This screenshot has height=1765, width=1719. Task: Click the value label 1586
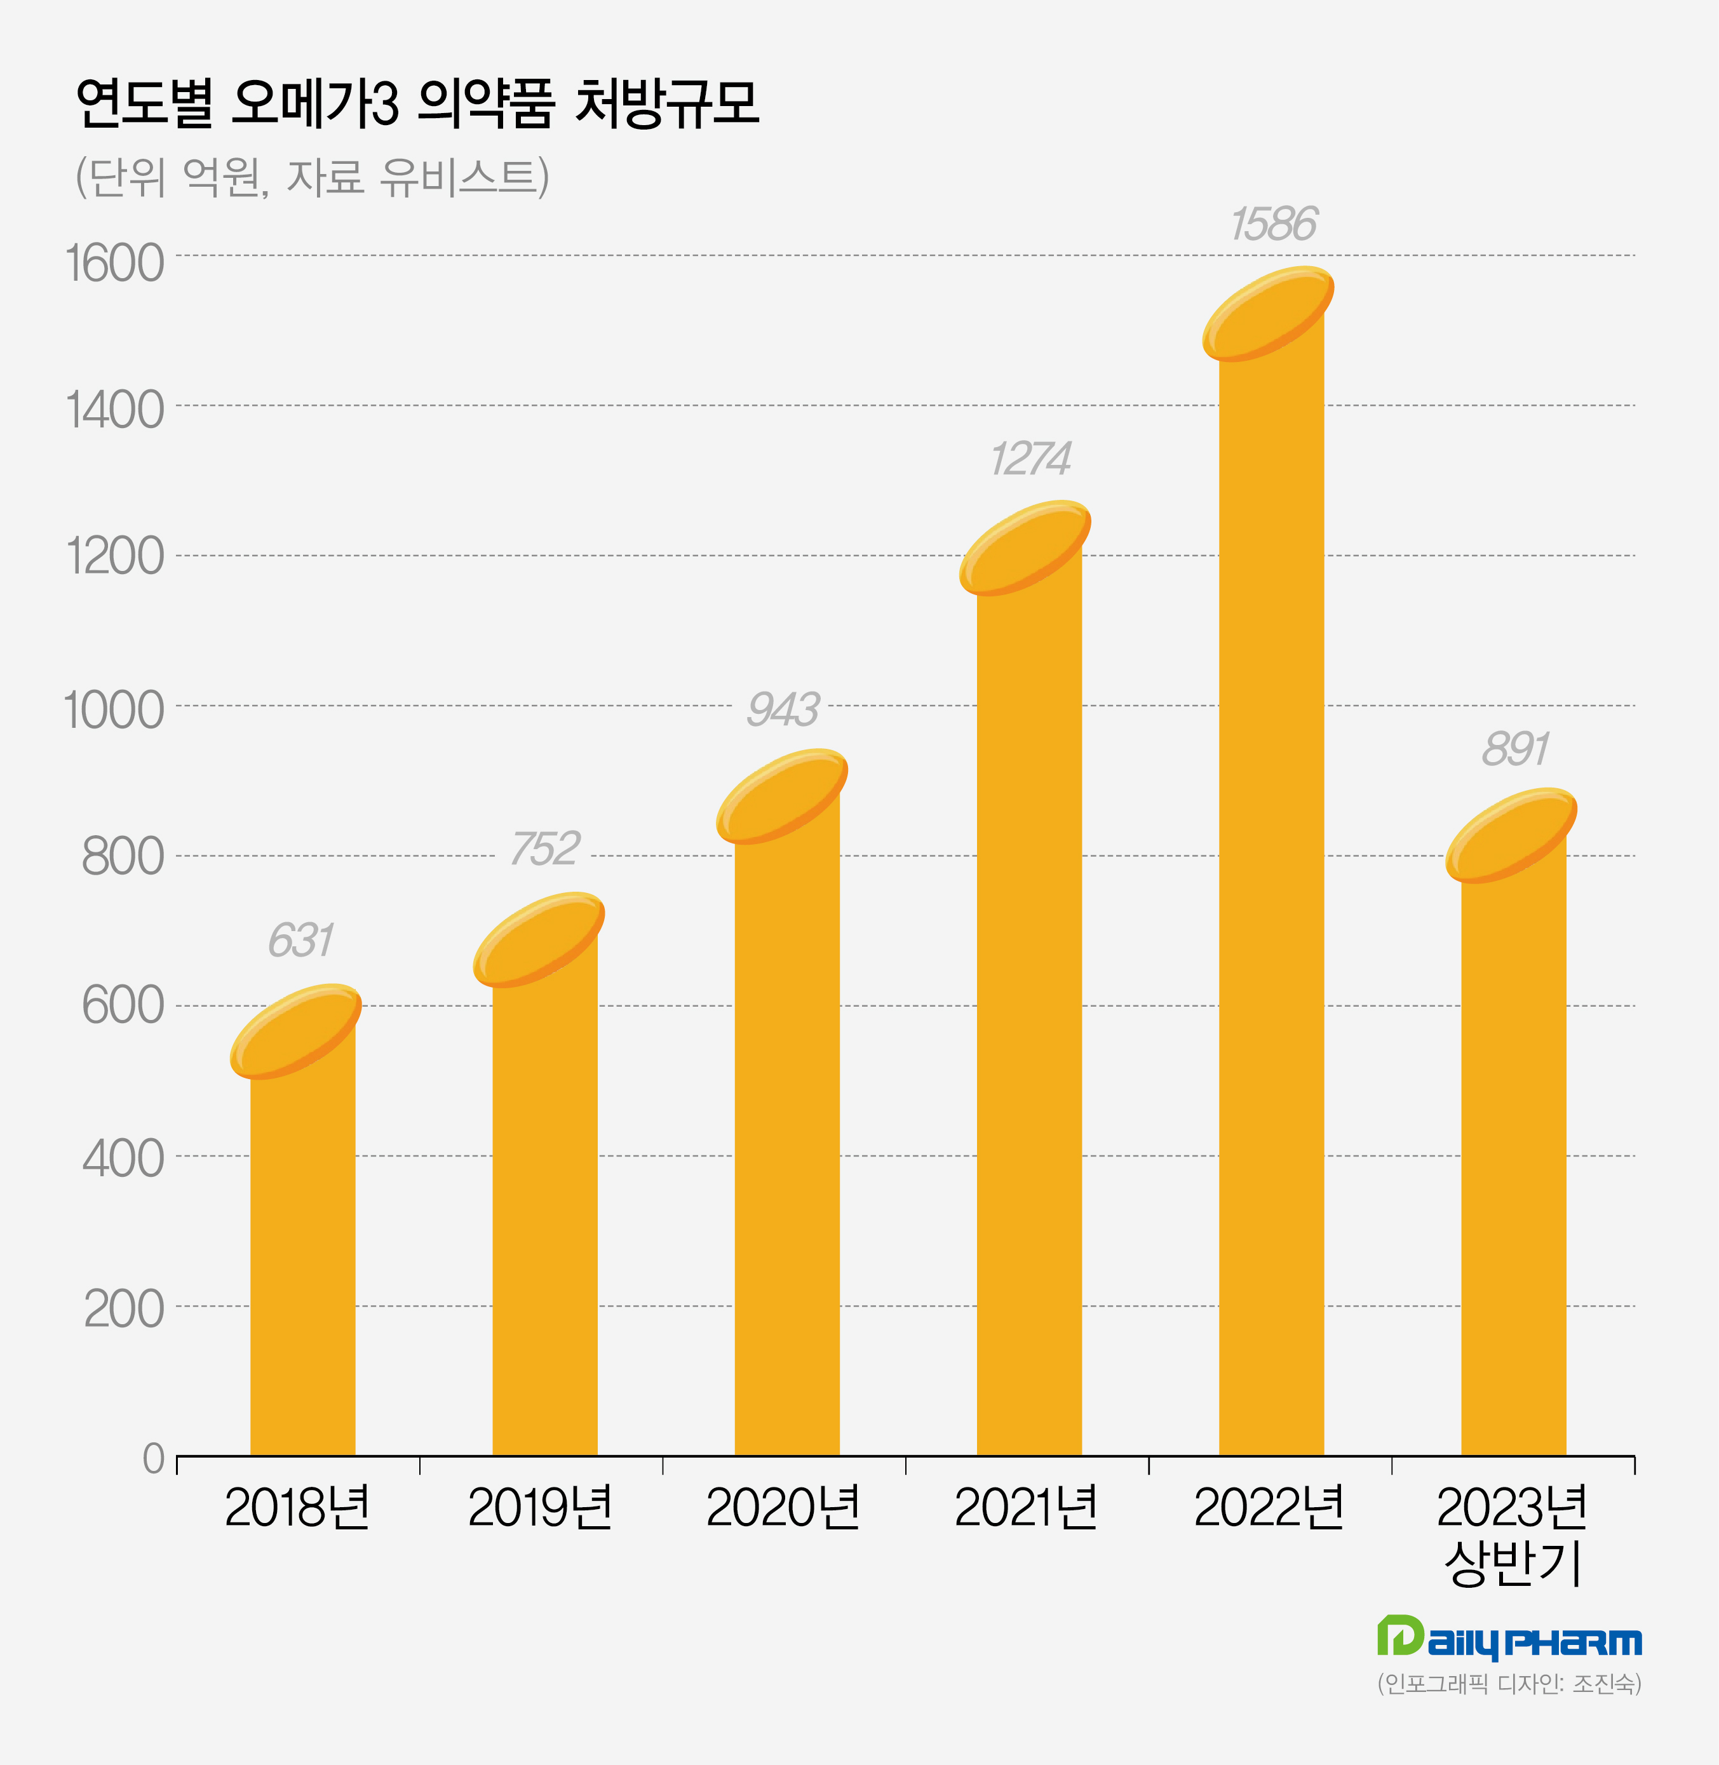click(x=1273, y=224)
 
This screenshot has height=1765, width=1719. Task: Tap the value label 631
click(x=300, y=941)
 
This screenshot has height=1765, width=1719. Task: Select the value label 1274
click(x=1030, y=459)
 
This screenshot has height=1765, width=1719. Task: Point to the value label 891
click(x=1515, y=749)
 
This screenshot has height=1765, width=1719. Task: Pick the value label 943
click(x=783, y=709)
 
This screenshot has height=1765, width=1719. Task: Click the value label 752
click(x=544, y=849)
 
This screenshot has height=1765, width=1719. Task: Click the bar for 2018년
click(x=302, y=1264)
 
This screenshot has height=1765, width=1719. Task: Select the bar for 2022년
click(x=1271, y=903)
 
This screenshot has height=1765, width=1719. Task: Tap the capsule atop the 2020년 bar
click(x=782, y=796)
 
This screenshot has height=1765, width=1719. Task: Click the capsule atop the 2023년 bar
click(x=1511, y=835)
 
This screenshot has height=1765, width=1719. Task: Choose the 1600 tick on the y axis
click(x=114, y=264)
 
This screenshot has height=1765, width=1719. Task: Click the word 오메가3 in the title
click(x=314, y=104)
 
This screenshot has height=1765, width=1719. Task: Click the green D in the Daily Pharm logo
click(x=1400, y=1635)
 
